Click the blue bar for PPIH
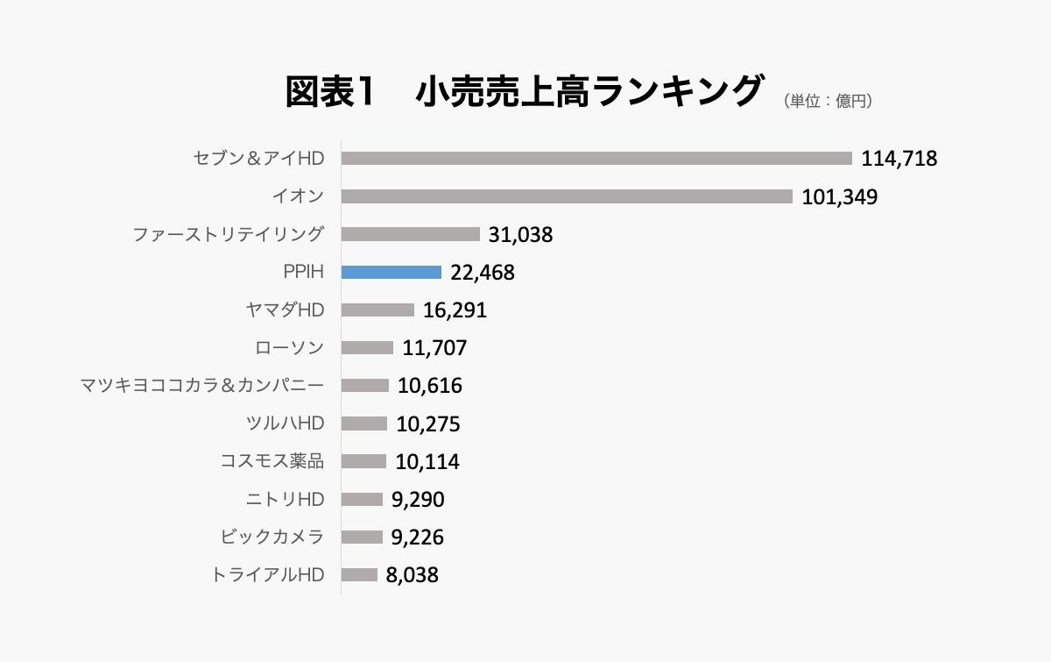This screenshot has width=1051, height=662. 391,273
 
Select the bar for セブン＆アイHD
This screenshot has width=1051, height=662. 596,159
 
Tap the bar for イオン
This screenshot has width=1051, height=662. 567,196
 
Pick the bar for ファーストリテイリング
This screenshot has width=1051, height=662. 411,234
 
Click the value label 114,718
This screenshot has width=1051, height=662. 899,159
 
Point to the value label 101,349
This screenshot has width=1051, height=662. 839,196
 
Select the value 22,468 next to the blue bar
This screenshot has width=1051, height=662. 482,273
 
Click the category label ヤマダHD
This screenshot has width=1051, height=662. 286,310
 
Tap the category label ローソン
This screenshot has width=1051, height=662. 289,348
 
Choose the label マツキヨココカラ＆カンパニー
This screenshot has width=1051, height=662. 201,386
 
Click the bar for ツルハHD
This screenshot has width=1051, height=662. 364,424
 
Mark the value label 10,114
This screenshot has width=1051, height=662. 427,462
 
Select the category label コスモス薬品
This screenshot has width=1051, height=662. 272,461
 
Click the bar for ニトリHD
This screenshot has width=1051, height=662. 362,500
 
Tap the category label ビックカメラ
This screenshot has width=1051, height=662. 272,537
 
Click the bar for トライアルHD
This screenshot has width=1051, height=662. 359,575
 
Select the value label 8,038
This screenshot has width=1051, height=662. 412,575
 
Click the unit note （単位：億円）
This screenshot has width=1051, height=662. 828,101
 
